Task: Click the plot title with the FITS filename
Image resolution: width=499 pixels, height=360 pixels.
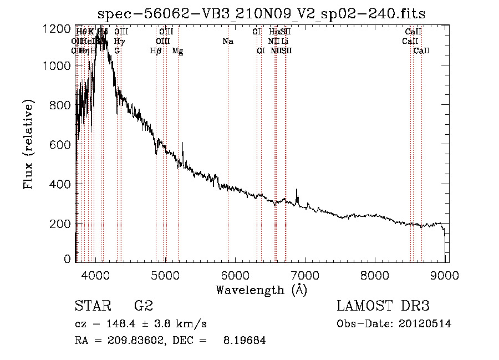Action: coord(261,14)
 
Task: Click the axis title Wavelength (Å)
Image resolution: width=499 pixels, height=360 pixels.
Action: coord(261,290)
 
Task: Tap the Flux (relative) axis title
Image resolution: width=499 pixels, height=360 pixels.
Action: coord(29,144)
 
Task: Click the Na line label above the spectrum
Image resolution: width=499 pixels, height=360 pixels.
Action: coord(228,42)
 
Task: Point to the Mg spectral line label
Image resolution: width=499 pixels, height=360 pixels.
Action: coord(177,51)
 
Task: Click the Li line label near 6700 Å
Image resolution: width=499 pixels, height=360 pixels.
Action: coord(284,42)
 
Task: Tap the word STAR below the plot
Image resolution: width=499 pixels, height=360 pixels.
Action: coord(92,306)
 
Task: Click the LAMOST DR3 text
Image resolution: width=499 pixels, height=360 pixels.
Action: coord(383,306)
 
